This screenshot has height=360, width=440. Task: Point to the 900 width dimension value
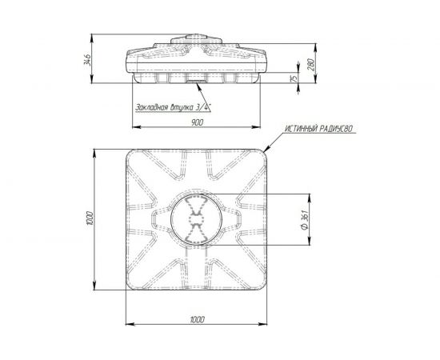tap(195, 123)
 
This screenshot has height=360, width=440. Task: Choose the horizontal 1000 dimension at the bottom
tap(197, 318)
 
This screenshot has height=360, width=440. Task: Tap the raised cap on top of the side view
tap(195, 38)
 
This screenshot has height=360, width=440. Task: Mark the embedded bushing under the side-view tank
tap(195, 79)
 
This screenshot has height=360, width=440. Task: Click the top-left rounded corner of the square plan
tap(128, 154)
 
